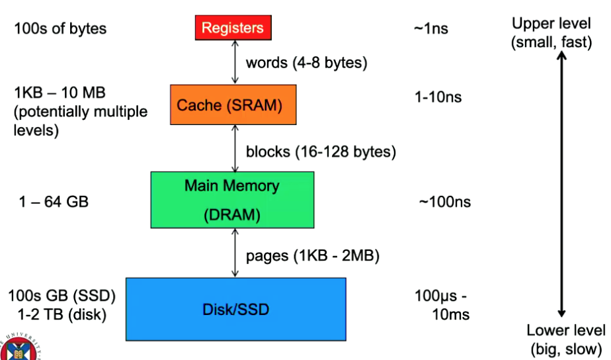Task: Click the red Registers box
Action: coord(233,28)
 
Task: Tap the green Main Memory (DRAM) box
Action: coord(232,200)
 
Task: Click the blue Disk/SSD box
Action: coord(235,309)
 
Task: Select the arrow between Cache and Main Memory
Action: coord(233,148)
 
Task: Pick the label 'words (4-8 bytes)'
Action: coord(306,64)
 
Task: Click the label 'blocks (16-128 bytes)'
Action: coord(321,152)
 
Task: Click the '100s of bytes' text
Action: coord(60,28)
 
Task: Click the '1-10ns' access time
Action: coord(438,97)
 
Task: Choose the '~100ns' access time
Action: coord(444,202)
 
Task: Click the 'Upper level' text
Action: coord(551,24)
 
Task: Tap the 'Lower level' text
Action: coord(565,330)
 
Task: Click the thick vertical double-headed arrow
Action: coord(561,185)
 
